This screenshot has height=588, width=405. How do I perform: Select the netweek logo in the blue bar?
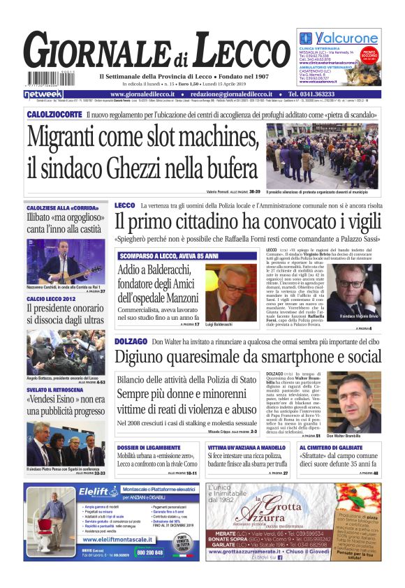tap(43, 94)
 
